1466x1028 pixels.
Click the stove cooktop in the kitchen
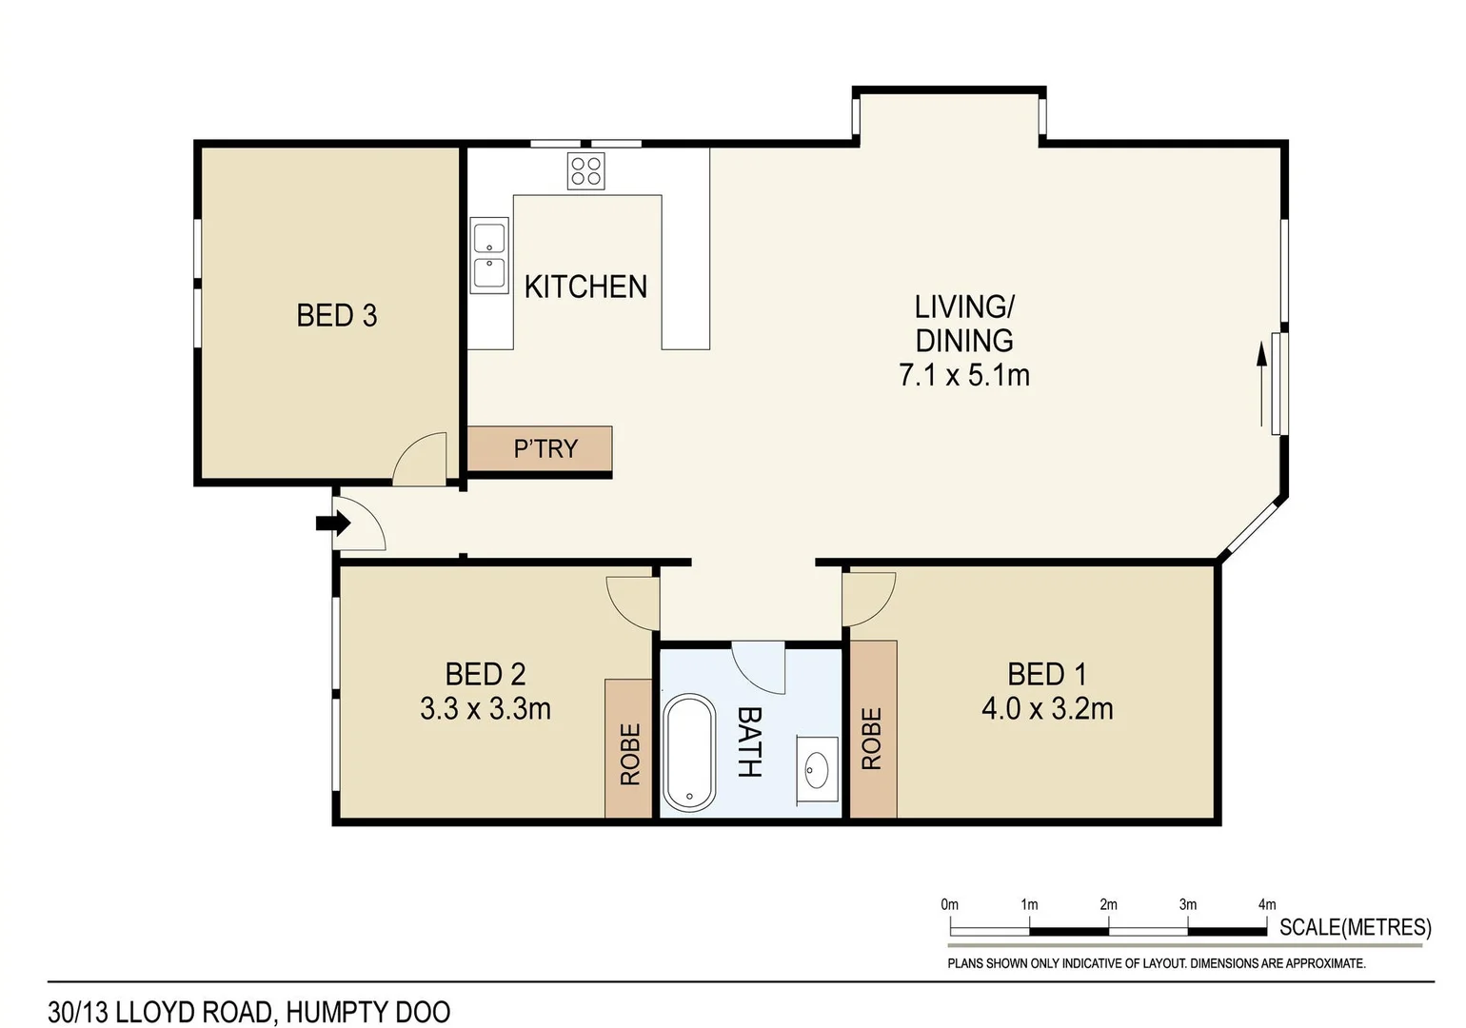[x=585, y=171]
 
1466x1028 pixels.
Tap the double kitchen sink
[x=489, y=254]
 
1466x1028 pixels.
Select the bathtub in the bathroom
[x=688, y=753]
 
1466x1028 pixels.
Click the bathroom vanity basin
[x=817, y=769]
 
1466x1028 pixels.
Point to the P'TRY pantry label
[x=545, y=448]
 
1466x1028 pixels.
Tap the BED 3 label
[x=336, y=315]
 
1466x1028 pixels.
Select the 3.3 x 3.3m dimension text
[x=485, y=709]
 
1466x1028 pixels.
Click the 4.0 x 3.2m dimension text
[x=1046, y=709]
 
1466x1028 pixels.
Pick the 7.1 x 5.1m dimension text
[x=963, y=375]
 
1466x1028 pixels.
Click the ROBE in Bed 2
[x=629, y=753]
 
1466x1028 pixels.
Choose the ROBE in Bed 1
[x=871, y=738]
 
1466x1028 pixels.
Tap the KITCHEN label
[x=585, y=287]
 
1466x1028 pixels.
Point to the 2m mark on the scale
[x=1108, y=905]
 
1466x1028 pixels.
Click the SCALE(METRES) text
[x=1355, y=927]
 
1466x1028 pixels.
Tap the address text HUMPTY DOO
[x=368, y=1012]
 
